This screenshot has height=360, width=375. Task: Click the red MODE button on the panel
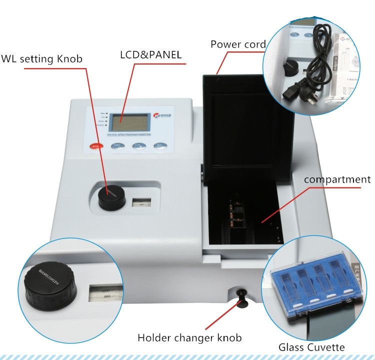coord(95,146)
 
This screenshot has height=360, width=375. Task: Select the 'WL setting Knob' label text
coord(41,59)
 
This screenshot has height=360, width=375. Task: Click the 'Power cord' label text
coord(237,44)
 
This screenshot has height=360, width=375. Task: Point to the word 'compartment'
coord(337,179)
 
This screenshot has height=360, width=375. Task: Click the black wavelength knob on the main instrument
coord(111,197)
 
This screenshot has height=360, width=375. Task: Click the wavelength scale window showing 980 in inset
coord(106,293)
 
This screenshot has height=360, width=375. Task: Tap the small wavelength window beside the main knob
coord(140,202)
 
